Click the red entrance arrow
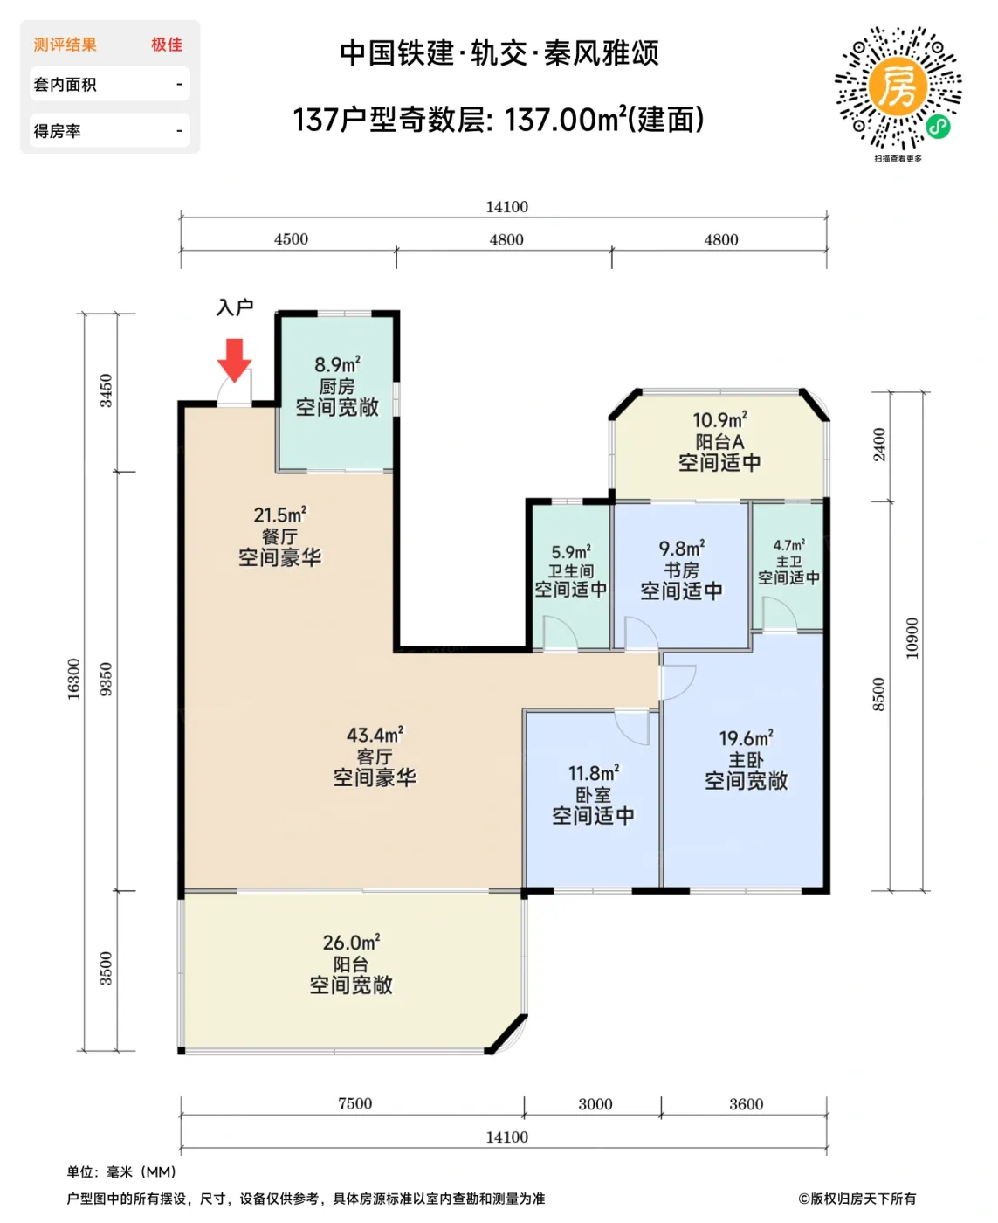[234, 360]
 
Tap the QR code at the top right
[898, 87]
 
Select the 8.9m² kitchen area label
[337, 365]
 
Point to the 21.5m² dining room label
[280, 515]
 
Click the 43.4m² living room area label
[375, 735]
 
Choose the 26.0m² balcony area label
[351, 943]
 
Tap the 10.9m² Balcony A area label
[719, 419]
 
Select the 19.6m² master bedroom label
[747, 738]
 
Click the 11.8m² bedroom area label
[594, 773]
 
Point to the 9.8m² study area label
[682, 548]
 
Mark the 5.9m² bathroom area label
[571, 551]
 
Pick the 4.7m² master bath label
[788, 545]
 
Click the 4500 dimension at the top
[291, 238]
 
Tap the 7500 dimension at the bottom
[354, 1103]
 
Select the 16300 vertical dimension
[73, 679]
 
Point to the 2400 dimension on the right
[879, 444]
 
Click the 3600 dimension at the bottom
[746, 1104]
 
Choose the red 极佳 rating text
[167, 45]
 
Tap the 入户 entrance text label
[235, 307]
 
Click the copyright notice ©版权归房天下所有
[857, 1199]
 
